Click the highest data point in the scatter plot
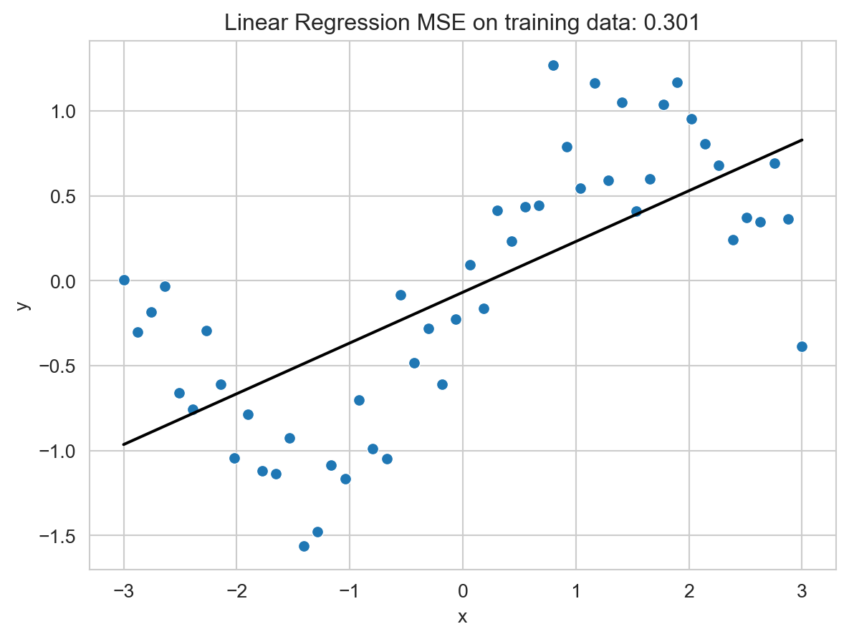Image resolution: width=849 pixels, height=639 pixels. (553, 65)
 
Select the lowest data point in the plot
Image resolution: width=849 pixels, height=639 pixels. (304, 546)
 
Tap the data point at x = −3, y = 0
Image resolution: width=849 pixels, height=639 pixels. (124, 280)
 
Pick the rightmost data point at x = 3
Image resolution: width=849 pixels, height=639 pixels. (802, 346)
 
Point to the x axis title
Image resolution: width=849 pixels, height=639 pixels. (463, 616)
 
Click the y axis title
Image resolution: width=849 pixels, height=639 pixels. (24, 305)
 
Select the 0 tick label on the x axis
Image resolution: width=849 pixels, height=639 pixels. (463, 591)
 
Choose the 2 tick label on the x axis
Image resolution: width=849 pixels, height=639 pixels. (689, 591)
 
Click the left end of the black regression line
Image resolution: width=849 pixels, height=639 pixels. (124, 444)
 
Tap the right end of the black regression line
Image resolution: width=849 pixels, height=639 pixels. (802, 140)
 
